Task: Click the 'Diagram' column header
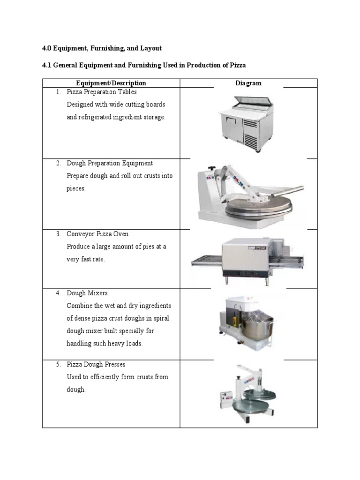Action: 248,83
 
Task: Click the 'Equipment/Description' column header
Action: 111,83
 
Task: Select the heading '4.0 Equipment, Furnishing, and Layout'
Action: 102,48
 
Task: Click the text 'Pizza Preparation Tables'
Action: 102,92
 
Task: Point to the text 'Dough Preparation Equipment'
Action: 110,163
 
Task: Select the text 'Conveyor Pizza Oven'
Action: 97,234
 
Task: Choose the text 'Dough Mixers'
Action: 87,293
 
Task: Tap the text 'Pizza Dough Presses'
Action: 96,364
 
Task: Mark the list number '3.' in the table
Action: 59,234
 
